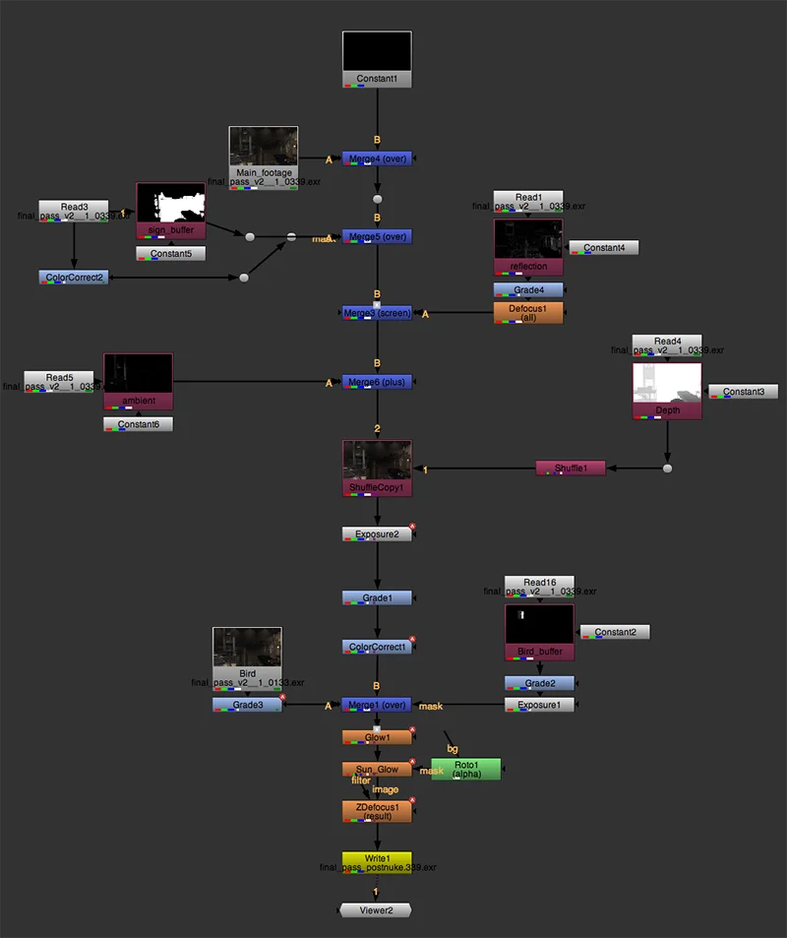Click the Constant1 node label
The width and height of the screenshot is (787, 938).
click(377, 79)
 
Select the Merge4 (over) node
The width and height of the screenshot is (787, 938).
click(377, 158)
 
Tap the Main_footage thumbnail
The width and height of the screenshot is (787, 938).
click(263, 146)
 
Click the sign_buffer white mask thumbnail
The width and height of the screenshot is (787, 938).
click(170, 205)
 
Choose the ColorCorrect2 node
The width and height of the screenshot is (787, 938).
click(74, 278)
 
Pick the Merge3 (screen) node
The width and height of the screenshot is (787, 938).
click(377, 313)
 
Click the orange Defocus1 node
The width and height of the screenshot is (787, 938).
click(528, 312)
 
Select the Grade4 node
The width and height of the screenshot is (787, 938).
click(528, 290)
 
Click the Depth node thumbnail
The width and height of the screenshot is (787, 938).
click(667, 385)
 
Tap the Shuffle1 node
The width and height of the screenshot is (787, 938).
click(571, 469)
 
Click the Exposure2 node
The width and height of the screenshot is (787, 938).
click(377, 534)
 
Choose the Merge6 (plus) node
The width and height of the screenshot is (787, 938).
click(377, 382)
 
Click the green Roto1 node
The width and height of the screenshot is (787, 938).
click(465, 769)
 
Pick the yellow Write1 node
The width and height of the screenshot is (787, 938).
click(377, 859)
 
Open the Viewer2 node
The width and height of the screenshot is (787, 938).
click(376, 910)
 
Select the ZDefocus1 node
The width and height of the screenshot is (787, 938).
click(377, 810)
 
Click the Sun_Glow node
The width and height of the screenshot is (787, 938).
click(377, 770)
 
